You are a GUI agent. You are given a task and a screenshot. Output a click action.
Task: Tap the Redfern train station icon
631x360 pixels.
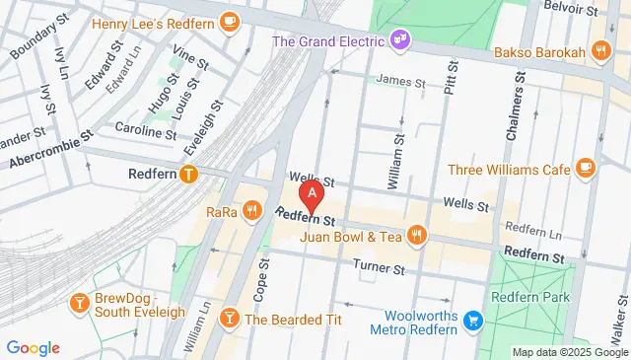pyautogui.click(x=189, y=174)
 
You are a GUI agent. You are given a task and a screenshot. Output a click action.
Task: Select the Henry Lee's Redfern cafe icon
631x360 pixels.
pyautogui.click(x=230, y=22)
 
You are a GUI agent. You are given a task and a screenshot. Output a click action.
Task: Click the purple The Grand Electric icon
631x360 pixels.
pyautogui.click(x=400, y=40)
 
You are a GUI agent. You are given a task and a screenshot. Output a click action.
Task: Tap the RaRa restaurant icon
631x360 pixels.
pyautogui.click(x=252, y=209)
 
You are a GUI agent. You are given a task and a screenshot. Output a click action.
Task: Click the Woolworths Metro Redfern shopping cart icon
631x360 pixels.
pyautogui.click(x=472, y=321)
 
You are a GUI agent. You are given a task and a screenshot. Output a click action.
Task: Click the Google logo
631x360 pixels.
pyautogui.click(x=33, y=347)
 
